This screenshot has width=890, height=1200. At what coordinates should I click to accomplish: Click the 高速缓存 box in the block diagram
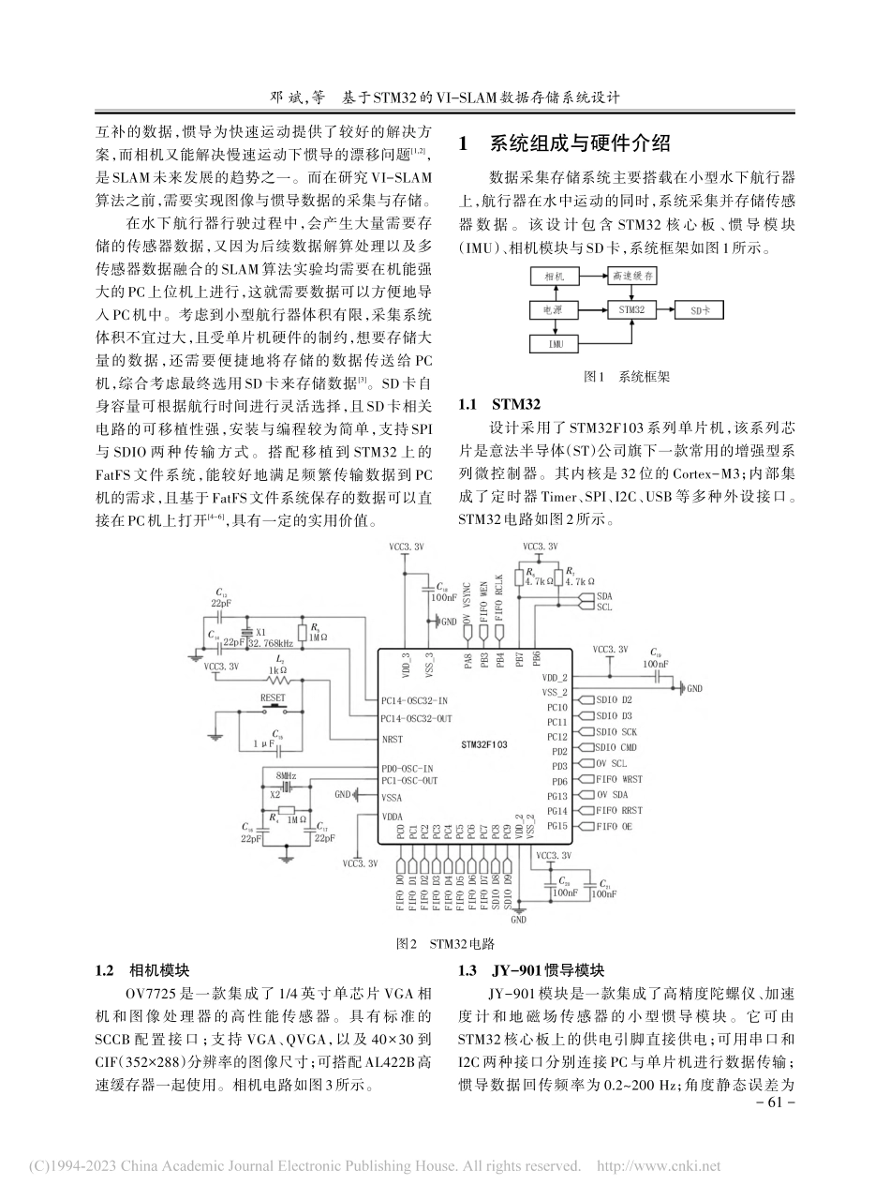click(633, 277)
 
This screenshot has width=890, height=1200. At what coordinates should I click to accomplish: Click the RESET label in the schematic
click(273, 697)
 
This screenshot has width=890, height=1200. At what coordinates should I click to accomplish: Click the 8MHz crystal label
click(286, 777)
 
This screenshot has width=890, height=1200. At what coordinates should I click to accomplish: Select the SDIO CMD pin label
click(616, 747)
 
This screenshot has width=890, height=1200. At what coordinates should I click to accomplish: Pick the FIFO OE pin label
click(614, 826)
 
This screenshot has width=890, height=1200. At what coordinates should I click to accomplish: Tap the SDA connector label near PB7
click(603, 595)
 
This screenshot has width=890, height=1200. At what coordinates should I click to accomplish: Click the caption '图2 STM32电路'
click(445, 942)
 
